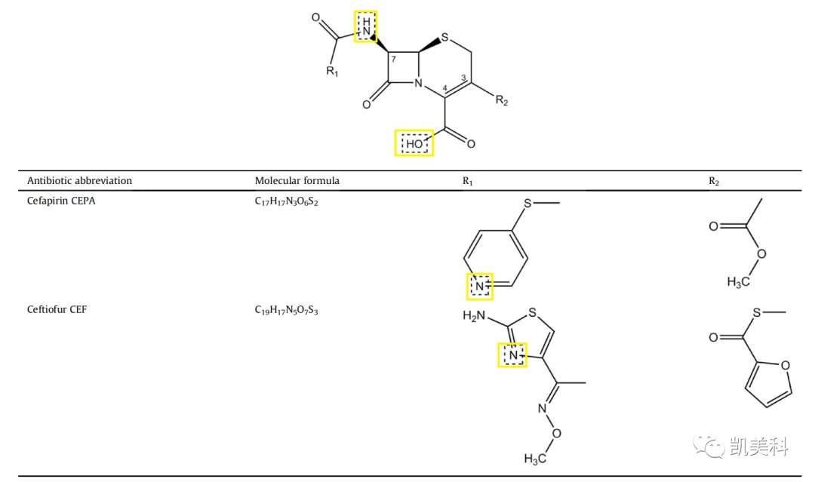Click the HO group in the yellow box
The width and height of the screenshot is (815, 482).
tap(414, 143)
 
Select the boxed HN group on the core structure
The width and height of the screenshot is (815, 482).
tap(366, 26)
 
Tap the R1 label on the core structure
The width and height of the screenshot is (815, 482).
tap(332, 71)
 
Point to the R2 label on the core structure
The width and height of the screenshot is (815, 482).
tap(502, 100)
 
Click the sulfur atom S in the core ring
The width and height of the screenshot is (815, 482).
tap(444, 38)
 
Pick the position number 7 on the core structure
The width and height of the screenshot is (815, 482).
tap(393, 59)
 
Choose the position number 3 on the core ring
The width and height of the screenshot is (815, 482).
tap(463, 78)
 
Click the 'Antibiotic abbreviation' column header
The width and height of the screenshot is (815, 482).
tap(79, 181)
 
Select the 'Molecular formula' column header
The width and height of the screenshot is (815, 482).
tap(297, 181)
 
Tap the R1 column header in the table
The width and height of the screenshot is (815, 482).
tap(468, 181)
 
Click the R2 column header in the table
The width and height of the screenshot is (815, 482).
tap(714, 181)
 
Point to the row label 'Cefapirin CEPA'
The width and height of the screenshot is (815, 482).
tap(61, 201)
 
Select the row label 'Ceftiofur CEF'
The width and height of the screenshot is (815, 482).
tap(57, 309)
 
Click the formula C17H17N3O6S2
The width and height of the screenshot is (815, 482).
tap(287, 201)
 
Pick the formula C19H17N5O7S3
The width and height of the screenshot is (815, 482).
tap(287, 310)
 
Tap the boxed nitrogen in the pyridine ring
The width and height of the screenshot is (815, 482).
tap(479, 286)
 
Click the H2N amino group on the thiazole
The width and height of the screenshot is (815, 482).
tap(474, 316)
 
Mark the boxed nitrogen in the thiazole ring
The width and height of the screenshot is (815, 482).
tap(512, 355)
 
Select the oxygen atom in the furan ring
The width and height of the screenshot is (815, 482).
tap(786, 366)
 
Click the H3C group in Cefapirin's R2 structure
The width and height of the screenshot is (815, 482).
tap(738, 282)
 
